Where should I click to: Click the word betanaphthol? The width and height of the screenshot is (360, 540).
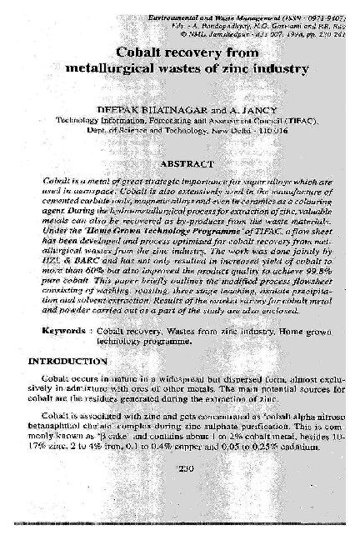[53, 425]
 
